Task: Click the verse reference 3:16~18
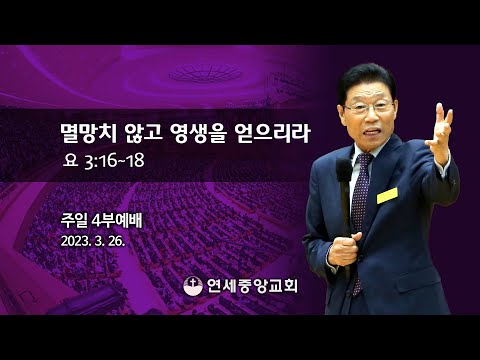pos(116,160)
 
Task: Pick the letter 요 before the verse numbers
pos(68,160)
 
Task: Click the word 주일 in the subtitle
pos(74,219)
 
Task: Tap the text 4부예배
pos(118,219)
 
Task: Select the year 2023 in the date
pos(76,240)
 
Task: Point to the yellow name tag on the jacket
pos(387,193)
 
